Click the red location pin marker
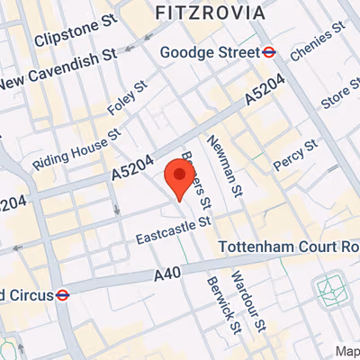178,176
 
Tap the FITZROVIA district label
210,13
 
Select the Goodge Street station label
208,53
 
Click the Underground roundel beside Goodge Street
268,53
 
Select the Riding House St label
76,150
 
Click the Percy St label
297,154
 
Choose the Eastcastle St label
173,232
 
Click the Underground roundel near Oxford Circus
63,294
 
